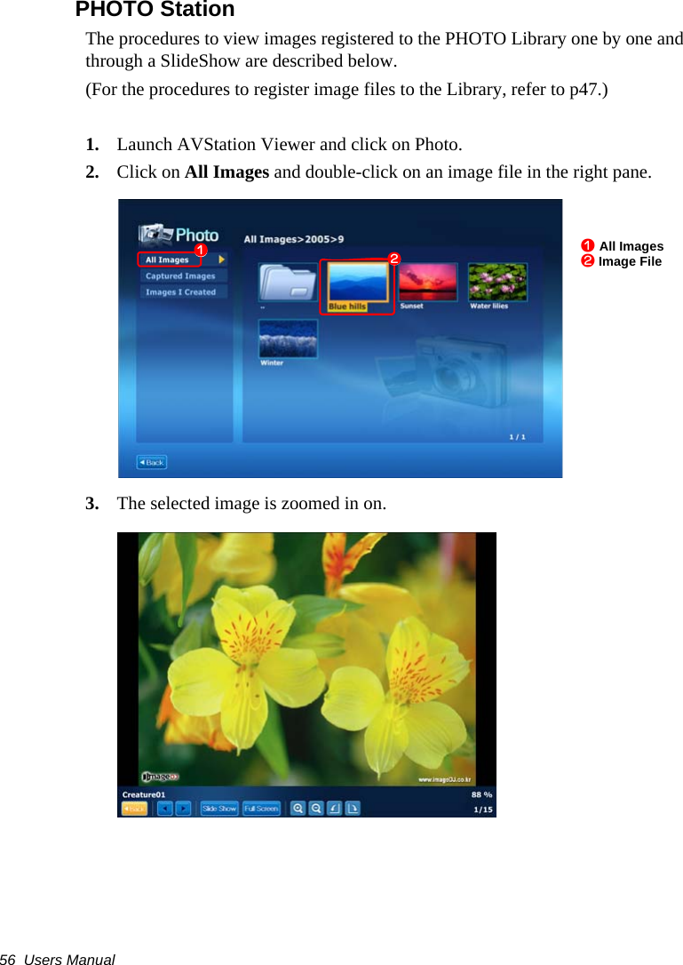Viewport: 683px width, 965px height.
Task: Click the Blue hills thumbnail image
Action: tap(358, 283)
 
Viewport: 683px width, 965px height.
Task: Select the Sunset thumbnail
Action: tap(428, 283)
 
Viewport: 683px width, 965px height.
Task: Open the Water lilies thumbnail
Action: tap(497, 283)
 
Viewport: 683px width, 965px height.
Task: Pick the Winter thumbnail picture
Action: tap(288, 339)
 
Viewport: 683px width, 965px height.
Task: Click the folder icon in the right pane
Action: tap(288, 283)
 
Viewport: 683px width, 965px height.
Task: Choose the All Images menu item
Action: tap(168, 259)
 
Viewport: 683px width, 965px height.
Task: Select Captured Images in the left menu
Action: tap(180, 275)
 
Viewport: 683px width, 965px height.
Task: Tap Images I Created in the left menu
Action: tap(181, 291)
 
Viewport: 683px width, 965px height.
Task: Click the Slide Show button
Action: tap(219, 809)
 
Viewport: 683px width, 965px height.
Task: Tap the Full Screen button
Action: tap(261, 809)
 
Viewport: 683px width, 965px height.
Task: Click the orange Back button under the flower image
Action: tap(134, 809)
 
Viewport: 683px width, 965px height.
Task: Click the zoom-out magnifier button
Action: tap(316, 809)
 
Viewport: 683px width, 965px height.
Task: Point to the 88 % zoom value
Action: tap(481, 794)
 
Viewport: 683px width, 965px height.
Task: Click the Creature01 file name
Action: tap(144, 794)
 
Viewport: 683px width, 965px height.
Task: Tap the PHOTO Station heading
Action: tap(155, 10)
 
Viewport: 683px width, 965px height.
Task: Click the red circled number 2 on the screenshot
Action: tap(393, 259)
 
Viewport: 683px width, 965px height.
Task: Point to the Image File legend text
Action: tap(630, 261)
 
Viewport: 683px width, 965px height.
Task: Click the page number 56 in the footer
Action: tap(9, 960)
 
